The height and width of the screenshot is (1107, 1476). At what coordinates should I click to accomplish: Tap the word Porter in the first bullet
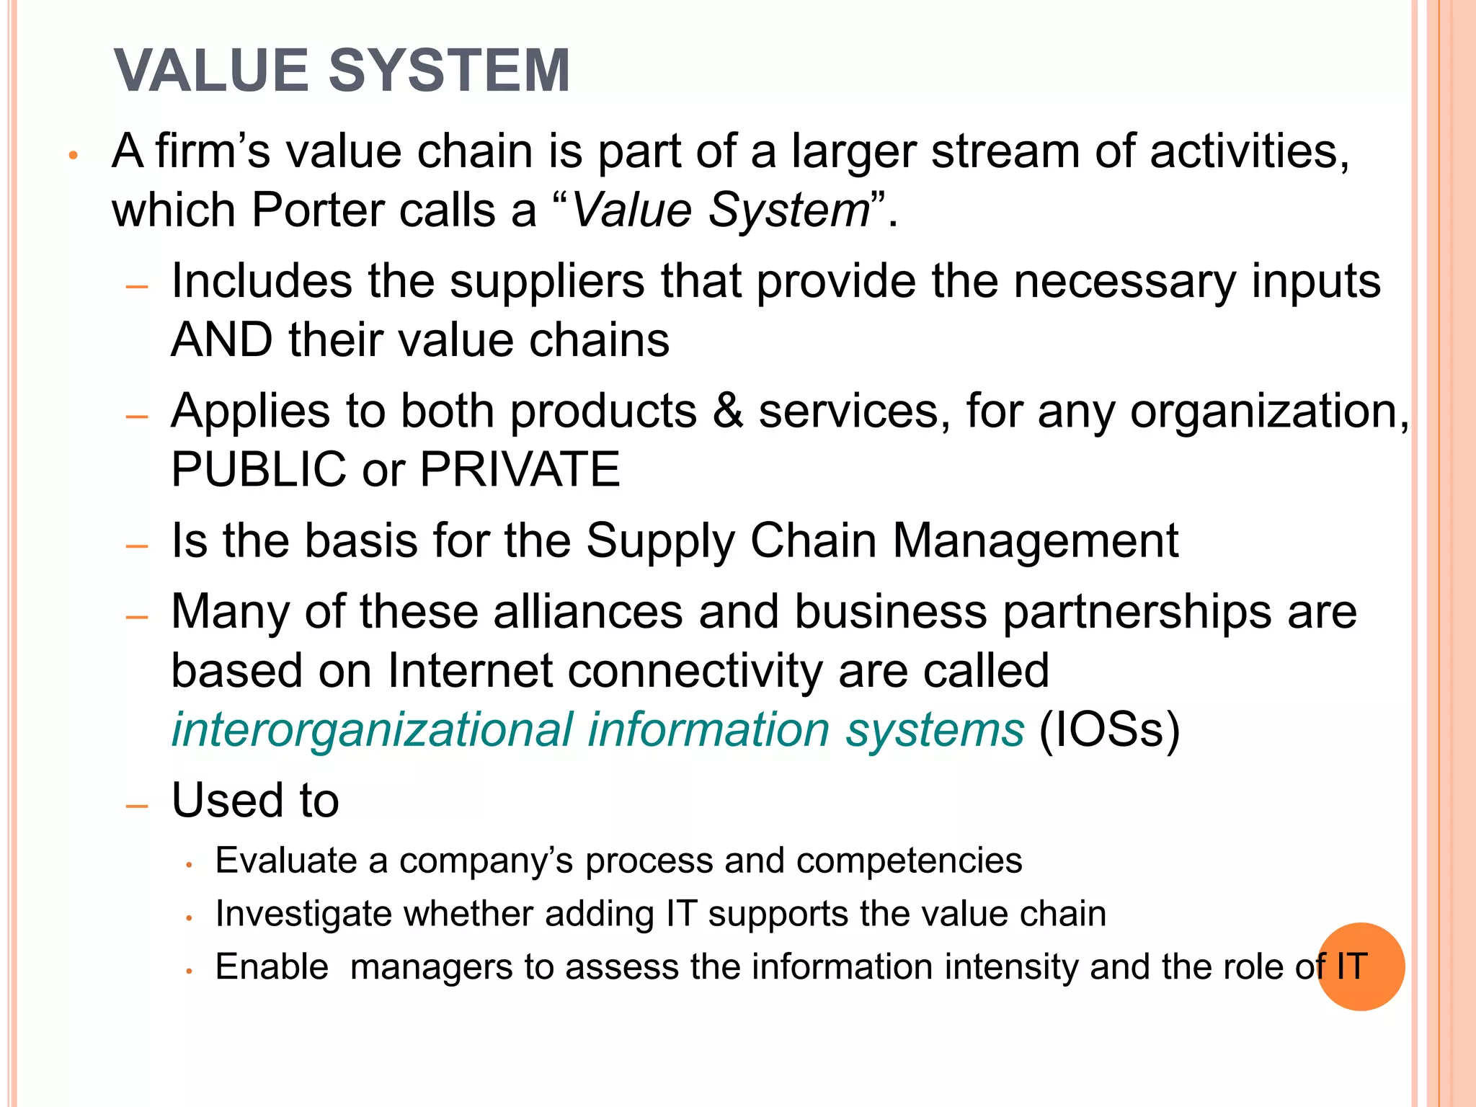click(318, 210)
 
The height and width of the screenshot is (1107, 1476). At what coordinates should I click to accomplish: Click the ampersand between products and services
click(727, 411)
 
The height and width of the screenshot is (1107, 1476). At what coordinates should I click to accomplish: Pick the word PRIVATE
click(520, 469)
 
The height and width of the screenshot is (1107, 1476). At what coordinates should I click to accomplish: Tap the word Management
click(1036, 541)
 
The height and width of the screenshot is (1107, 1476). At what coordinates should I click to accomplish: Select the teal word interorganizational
click(372, 729)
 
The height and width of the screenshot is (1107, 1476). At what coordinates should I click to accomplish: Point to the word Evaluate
click(286, 861)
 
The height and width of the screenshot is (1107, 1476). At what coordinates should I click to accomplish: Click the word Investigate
click(303, 914)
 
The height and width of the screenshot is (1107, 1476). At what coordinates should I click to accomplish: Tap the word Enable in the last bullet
click(272, 966)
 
